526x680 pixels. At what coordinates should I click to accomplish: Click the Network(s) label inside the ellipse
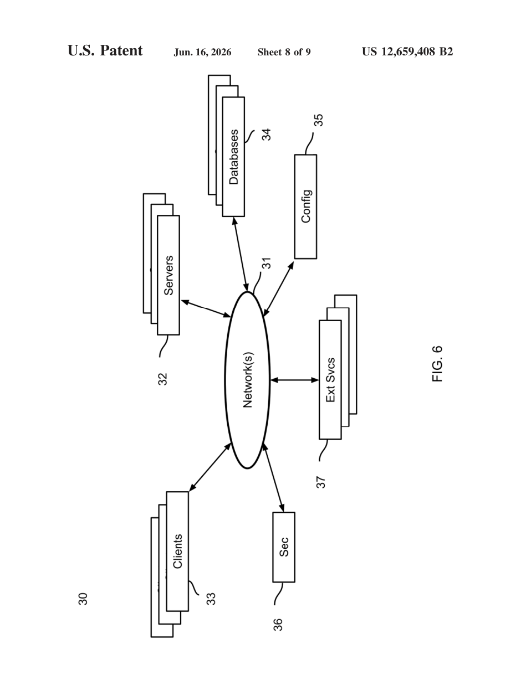pyautogui.click(x=248, y=380)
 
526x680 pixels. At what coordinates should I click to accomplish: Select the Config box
pyautogui.click(x=305, y=207)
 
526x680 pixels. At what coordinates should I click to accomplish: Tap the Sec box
pyautogui.click(x=284, y=547)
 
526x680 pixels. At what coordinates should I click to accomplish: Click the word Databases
pyautogui.click(x=234, y=157)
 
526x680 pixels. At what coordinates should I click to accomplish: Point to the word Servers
pyautogui.click(x=168, y=275)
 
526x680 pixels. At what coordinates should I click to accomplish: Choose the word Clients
pyautogui.click(x=177, y=552)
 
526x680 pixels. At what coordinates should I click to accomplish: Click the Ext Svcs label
pyautogui.click(x=331, y=380)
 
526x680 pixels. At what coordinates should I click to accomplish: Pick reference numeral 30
pyautogui.click(x=83, y=599)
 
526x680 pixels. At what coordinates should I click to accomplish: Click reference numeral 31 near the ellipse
pyautogui.click(x=266, y=263)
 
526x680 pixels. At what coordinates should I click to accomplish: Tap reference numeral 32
pyautogui.click(x=162, y=379)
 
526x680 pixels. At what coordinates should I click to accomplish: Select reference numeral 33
pyautogui.click(x=211, y=599)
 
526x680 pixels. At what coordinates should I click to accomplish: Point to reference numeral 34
pyautogui.click(x=266, y=135)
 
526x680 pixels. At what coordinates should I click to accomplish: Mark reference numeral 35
pyautogui.click(x=318, y=120)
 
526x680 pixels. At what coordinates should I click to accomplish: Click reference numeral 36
pyautogui.click(x=278, y=625)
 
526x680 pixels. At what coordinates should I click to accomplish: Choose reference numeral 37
pyautogui.click(x=321, y=482)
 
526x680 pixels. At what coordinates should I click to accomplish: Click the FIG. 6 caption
pyautogui.click(x=437, y=364)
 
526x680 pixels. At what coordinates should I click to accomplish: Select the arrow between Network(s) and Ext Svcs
pyautogui.click(x=294, y=380)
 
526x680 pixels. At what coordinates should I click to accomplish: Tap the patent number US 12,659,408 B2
pyautogui.click(x=407, y=51)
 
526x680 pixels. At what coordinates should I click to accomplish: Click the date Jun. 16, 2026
pyautogui.click(x=202, y=52)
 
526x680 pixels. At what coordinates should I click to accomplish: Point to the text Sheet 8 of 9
pyautogui.click(x=284, y=52)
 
